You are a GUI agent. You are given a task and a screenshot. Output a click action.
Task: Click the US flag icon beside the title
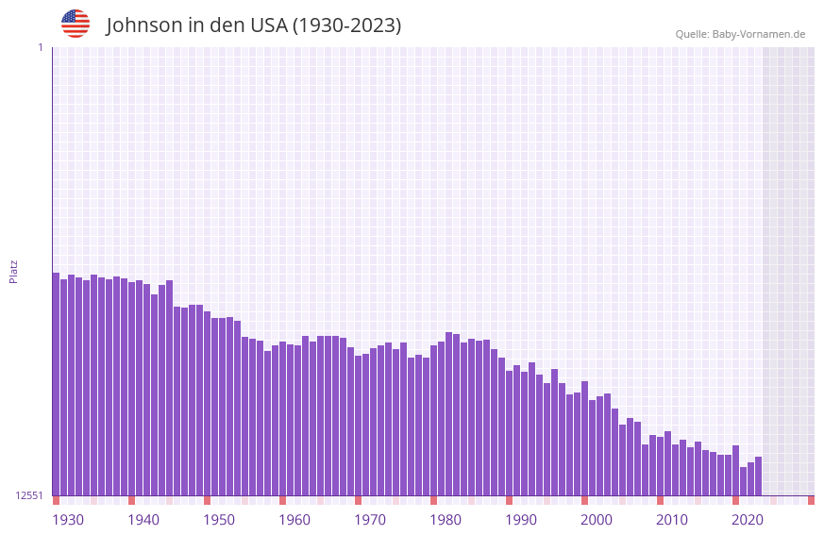point(76,24)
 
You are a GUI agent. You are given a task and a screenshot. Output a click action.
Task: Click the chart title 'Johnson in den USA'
point(253,25)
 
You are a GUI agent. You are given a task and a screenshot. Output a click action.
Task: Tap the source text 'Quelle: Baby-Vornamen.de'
point(740,34)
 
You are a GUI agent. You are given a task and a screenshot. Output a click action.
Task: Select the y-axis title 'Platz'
point(13,271)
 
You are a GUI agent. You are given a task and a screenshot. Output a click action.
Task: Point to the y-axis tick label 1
point(41,47)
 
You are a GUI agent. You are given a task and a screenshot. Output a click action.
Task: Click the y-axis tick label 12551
point(29,495)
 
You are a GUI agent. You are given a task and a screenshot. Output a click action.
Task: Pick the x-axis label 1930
point(68,520)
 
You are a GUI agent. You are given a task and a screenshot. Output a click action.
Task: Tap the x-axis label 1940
point(143,520)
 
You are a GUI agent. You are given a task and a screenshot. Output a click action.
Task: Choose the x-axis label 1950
point(219,520)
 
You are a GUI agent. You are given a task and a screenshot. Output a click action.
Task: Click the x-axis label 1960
point(294,520)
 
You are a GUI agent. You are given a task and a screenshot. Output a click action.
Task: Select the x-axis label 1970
point(370,520)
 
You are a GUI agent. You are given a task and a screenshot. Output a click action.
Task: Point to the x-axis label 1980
point(446,520)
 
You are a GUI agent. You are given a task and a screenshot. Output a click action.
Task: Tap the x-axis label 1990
point(521,520)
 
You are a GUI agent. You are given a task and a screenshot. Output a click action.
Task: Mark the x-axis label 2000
point(597,520)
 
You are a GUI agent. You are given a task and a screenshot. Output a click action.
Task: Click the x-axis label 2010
point(672,520)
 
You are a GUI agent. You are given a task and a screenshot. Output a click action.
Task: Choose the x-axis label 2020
point(748,520)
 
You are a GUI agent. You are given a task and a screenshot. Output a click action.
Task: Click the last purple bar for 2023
point(758,476)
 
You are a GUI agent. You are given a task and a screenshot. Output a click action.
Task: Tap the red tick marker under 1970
point(358,500)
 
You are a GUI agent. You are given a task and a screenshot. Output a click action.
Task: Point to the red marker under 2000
point(584,500)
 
